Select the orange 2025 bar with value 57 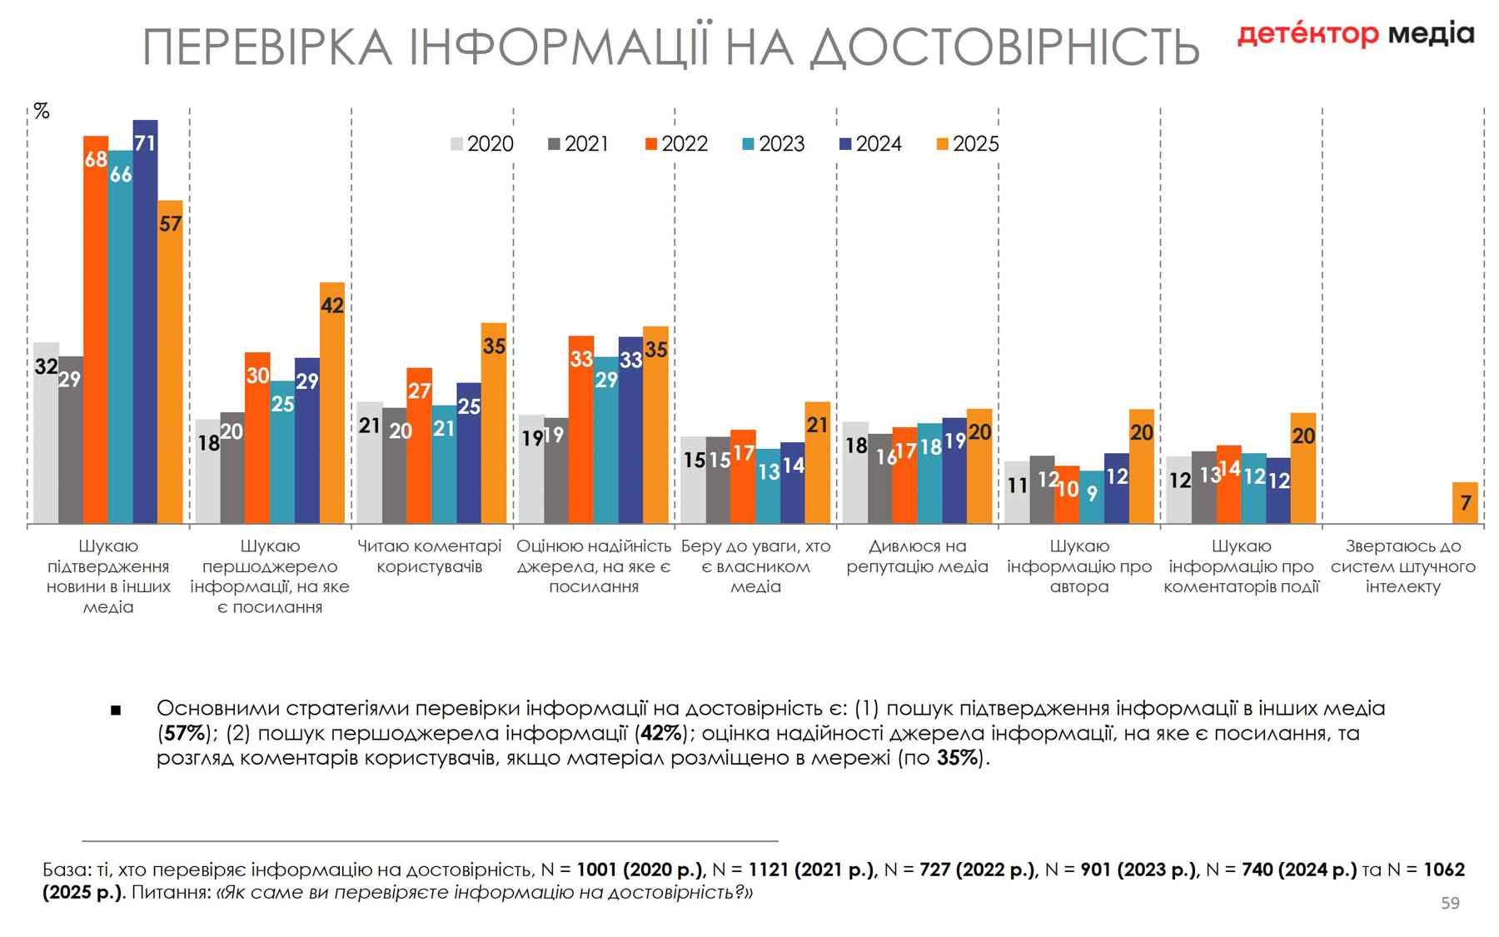pyautogui.click(x=170, y=361)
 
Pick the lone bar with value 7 pyautogui.click(x=1465, y=503)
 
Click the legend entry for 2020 pyautogui.click(x=482, y=144)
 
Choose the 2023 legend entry pyautogui.click(x=774, y=144)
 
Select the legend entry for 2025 pyautogui.click(x=968, y=144)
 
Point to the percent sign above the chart pyautogui.click(x=42, y=111)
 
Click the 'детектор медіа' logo pyautogui.click(x=1355, y=34)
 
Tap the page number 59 pyautogui.click(x=1450, y=903)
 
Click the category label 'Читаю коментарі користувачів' pyautogui.click(x=429, y=556)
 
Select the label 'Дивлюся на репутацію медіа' pyautogui.click(x=917, y=556)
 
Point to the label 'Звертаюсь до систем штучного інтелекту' pyautogui.click(x=1402, y=566)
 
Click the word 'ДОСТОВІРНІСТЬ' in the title pyautogui.click(x=1004, y=47)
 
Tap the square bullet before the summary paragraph pyautogui.click(x=116, y=710)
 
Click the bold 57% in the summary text pyautogui.click(x=184, y=733)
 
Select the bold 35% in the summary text pyautogui.click(x=957, y=758)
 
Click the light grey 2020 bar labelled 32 pyautogui.click(x=46, y=433)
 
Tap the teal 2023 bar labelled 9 pyautogui.click(x=1092, y=497)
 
